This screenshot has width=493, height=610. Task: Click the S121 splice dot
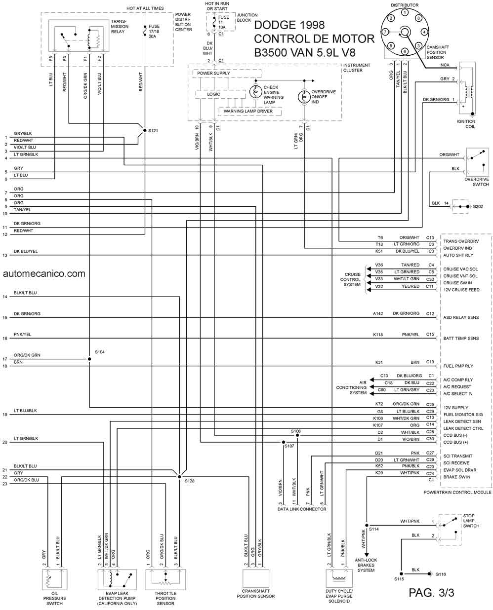[145, 130]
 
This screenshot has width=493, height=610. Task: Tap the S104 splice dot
[89, 359]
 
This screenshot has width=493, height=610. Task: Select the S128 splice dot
[179, 477]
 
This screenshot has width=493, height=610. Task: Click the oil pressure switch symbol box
[55, 579]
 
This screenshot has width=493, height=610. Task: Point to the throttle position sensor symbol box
[165, 579]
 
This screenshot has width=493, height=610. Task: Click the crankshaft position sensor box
[256, 578]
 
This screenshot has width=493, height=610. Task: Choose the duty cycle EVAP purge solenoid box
[339, 578]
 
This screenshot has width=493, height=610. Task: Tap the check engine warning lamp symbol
[255, 92]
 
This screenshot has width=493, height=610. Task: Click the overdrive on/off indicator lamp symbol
[304, 97]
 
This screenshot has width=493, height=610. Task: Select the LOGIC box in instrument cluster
[220, 94]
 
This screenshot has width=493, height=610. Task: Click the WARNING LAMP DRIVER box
[249, 111]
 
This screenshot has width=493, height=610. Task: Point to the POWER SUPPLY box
[227, 74]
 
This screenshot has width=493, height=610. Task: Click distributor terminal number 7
[385, 32]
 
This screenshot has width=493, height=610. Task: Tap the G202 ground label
[478, 206]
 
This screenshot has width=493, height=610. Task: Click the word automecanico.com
[44, 273]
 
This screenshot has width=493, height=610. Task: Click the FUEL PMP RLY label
[458, 366]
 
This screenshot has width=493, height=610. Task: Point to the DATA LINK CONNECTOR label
[302, 509]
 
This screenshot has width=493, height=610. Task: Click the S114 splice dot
[367, 526]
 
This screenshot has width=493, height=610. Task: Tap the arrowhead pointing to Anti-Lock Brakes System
[367, 554]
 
